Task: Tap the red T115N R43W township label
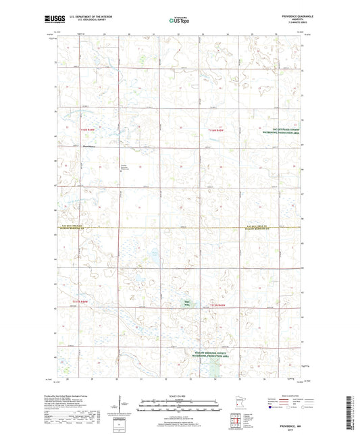(x=218, y=306)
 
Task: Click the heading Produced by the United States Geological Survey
(x=71, y=396)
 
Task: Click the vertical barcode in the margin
(x=353, y=411)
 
